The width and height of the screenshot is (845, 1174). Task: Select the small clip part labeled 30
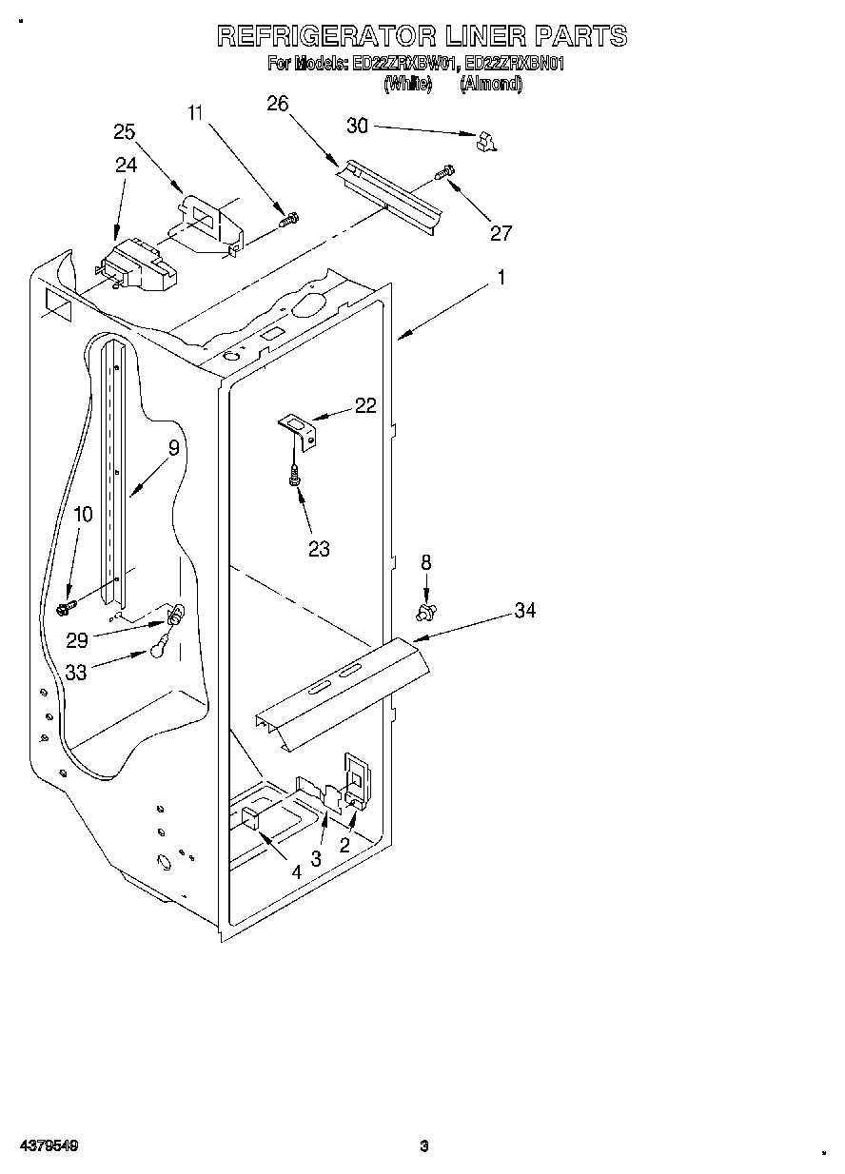point(487,142)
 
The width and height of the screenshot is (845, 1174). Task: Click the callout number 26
point(277,105)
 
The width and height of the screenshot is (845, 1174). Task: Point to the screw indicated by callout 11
point(288,220)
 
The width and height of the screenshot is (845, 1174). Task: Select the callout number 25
point(125,132)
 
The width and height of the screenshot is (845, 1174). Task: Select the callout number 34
point(524,611)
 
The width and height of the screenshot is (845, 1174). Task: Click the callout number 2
point(344,845)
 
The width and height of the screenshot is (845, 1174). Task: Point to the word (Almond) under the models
point(490,84)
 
